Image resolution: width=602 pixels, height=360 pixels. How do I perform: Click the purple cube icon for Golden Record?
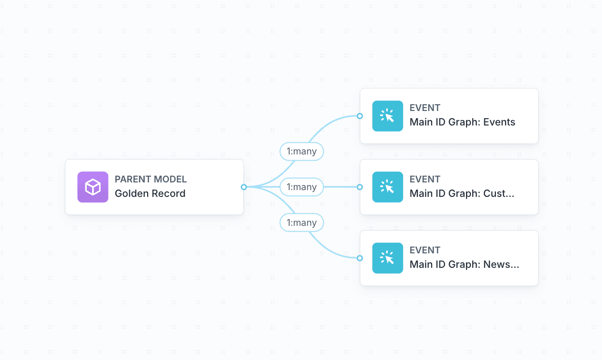click(93, 187)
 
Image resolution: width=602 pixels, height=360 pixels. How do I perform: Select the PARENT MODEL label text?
click(150, 179)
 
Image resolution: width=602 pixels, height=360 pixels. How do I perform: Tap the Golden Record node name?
click(150, 194)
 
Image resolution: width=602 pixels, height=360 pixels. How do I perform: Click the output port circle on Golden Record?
click(244, 187)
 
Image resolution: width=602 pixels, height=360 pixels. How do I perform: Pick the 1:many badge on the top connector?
click(301, 152)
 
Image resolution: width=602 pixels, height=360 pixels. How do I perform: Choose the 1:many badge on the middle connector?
click(301, 187)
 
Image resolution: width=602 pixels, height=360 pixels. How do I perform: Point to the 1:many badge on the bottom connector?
click(301, 222)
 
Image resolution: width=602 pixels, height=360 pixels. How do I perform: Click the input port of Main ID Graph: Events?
click(359, 116)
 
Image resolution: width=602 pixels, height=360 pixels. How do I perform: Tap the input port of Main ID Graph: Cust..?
click(359, 187)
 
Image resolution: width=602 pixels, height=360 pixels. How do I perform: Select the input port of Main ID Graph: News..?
click(359, 258)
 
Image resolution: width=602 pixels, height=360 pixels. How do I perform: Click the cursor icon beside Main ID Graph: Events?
click(387, 116)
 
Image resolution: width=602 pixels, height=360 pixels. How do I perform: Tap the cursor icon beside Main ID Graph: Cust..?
click(387, 187)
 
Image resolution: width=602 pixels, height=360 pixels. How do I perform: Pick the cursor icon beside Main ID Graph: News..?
click(387, 258)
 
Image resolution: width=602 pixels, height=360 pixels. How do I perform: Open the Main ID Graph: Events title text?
click(462, 122)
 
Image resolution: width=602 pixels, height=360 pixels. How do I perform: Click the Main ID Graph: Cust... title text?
click(462, 194)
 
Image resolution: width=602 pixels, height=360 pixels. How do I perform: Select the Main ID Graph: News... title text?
click(464, 264)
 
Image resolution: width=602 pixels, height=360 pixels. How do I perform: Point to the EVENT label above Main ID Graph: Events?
click(424, 108)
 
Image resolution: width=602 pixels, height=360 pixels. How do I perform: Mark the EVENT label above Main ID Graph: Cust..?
click(424, 179)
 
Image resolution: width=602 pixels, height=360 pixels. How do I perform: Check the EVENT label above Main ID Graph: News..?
click(424, 250)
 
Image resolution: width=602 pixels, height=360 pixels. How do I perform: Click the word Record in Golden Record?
click(167, 194)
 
